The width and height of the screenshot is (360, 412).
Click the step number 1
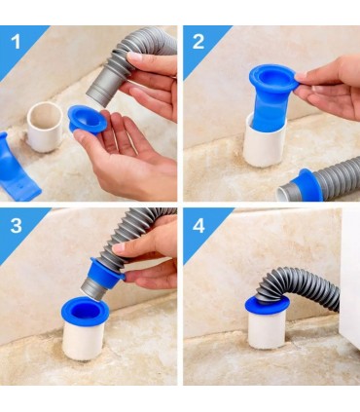pyautogui.click(x=16, y=43)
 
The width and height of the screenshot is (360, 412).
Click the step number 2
pyautogui.click(x=198, y=42)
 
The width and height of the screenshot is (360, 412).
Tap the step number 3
pyautogui.click(x=16, y=225)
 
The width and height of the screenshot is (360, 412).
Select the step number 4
pyautogui.click(x=198, y=226)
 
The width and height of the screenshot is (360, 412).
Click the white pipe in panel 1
pyautogui.click(x=45, y=127)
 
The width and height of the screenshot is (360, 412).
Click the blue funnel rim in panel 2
pyautogui.click(x=274, y=79)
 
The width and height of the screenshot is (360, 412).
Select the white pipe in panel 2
pyautogui.click(x=265, y=143)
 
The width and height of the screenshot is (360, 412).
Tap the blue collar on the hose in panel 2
pyautogui.click(x=307, y=185)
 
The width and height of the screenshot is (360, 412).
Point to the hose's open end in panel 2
pyautogui.click(x=283, y=193)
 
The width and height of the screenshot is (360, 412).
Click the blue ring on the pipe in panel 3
pyautogui.click(x=85, y=308)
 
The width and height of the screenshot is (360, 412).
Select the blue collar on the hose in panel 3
pyautogui.click(x=107, y=274)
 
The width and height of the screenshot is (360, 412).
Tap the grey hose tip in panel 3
pyautogui.click(x=92, y=289)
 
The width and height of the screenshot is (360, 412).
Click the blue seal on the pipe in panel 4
pyautogui.click(x=268, y=305)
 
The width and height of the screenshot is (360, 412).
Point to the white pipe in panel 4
pyautogui.click(x=267, y=329)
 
